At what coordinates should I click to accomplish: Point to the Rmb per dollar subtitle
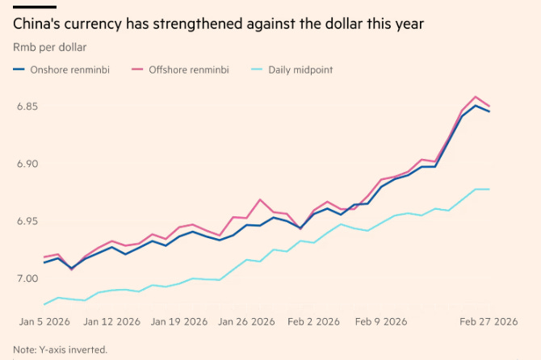tap(50, 48)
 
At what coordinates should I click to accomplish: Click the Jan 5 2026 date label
tap(44, 321)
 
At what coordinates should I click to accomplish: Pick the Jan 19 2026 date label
tap(178, 321)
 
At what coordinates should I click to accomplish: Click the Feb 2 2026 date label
tap(313, 321)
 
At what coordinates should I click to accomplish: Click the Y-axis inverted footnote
tap(55, 350)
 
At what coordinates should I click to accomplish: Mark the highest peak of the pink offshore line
tap(476, 97)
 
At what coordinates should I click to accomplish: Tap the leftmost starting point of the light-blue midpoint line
tap(44, 304)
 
